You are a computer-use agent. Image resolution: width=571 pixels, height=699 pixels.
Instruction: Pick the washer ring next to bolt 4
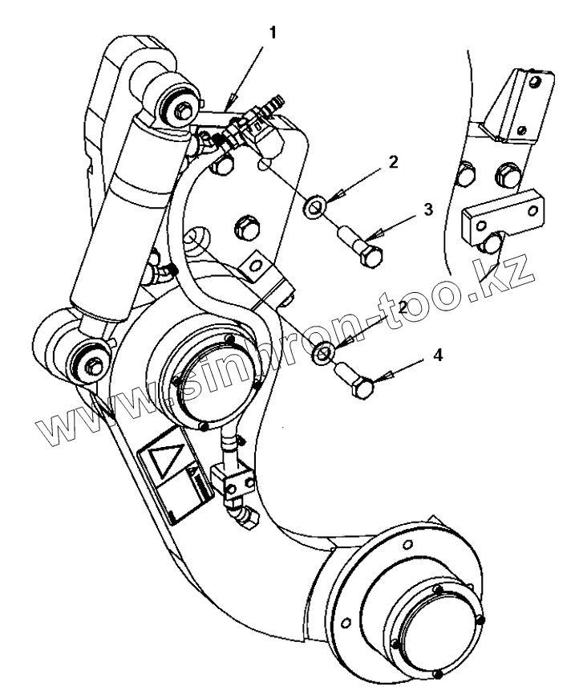pos(325,352)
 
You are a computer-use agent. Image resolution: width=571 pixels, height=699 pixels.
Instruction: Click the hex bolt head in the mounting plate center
pos(246,228)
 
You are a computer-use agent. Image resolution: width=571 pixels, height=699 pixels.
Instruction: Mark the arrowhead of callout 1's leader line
pos(229,104)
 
